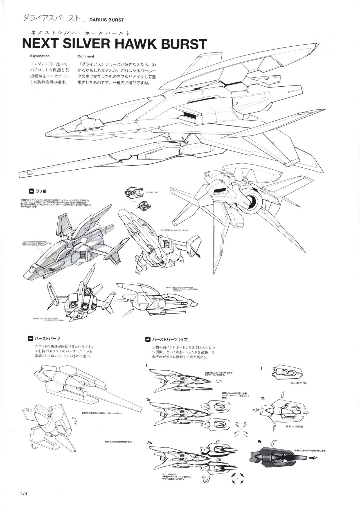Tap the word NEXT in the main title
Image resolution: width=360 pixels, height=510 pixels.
pyautogui.click(x=39, y=44)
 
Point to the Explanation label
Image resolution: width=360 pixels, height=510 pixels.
pyautogui.click(x=40, y=56)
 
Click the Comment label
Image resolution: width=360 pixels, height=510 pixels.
pyautogui.click(x=86, y=56)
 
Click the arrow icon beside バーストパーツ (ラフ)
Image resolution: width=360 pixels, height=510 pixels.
pyautogui.click(x=148, y=339)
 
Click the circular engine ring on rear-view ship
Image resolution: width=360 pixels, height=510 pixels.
pyautogui.click(x=254, y=200)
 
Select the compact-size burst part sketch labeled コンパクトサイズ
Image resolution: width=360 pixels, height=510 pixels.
pyautogui.click(x=286, y=372)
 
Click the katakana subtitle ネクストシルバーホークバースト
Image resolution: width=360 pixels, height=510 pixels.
pyautogui.click(x=78, y=32)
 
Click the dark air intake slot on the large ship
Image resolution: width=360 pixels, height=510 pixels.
pyautogui.click(x=189, y=114)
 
